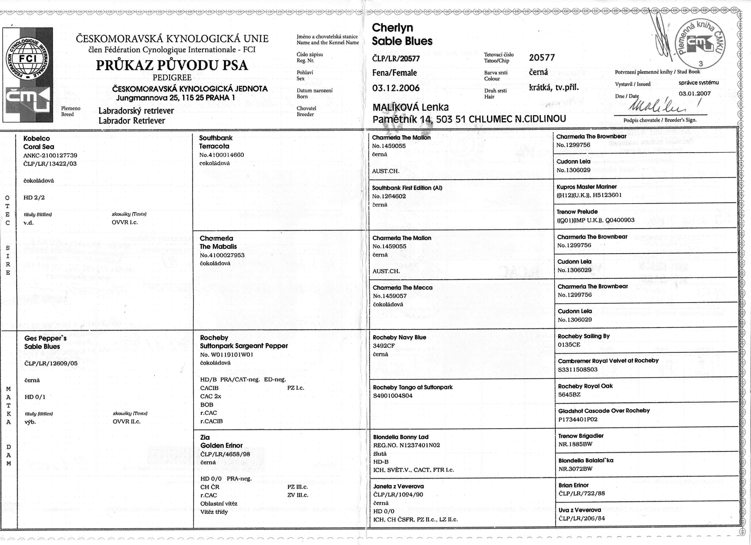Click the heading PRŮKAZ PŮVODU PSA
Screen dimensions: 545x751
pyautogui.click(x=172, y=65)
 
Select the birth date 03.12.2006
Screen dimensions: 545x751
pyautogui.click(x=396, y=88)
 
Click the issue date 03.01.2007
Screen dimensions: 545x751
pyautogui.click(x=695, y=94)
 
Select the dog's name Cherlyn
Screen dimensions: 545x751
pyautogui.click(x=392, y=28)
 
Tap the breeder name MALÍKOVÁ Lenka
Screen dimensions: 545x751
pyautogui.click(x=411, y=107)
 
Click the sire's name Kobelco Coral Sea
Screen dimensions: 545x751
pyautogui.click(x=38, y=142)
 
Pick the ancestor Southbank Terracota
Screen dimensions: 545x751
pyautogui.click(x=216, y=142)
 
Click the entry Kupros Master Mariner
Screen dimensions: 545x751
pyautogui.click(x=586, y=187)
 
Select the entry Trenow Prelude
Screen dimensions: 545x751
pyautogui.click(x=577, y=212)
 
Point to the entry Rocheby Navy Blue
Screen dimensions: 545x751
pyautogui.click(x=399, y=337)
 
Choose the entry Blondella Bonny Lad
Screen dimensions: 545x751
pyautogui.click(x=400, y=437)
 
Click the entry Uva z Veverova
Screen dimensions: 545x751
pyautogui.click(x=579, y=510)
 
